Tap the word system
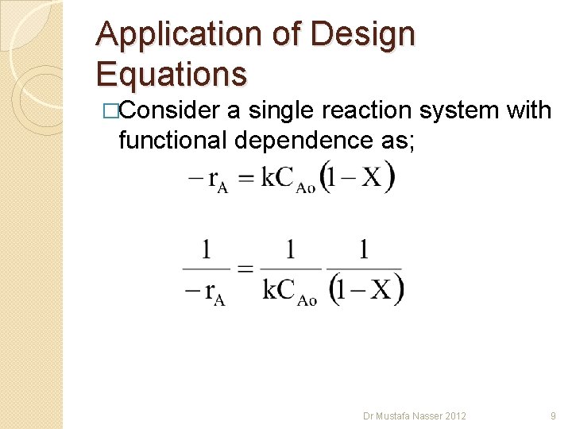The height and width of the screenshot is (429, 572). tap(469, 110)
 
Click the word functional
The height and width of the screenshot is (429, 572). tap(172, 140)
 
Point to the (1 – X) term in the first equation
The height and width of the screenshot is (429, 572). tap(346, 176)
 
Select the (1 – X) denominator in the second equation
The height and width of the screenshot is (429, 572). tap(365, 288)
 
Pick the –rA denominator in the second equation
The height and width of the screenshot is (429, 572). tap(204, 292)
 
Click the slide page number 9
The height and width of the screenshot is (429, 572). tap(553, 415)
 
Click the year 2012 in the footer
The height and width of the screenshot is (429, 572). tap(454, 415)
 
